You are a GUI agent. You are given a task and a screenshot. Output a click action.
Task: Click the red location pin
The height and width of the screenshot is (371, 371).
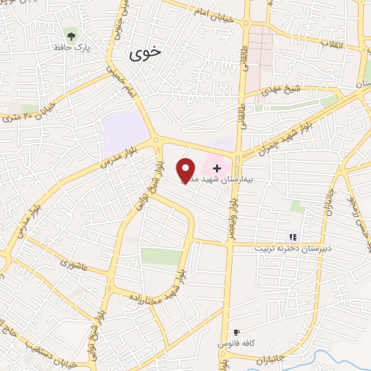point(186,170)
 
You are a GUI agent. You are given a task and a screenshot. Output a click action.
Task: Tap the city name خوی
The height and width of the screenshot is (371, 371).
point(146,53)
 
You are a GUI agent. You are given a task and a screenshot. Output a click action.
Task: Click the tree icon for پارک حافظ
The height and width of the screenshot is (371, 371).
point(70,34)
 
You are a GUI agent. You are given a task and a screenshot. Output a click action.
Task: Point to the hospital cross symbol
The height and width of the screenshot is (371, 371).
point(217,167)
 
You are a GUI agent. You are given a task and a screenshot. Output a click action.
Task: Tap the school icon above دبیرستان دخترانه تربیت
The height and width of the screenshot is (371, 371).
point(292,236)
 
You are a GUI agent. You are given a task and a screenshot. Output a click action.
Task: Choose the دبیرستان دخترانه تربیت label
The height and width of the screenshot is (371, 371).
point(291,248)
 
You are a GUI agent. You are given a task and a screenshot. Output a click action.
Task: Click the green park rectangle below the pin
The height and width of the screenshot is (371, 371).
point(161,257)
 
